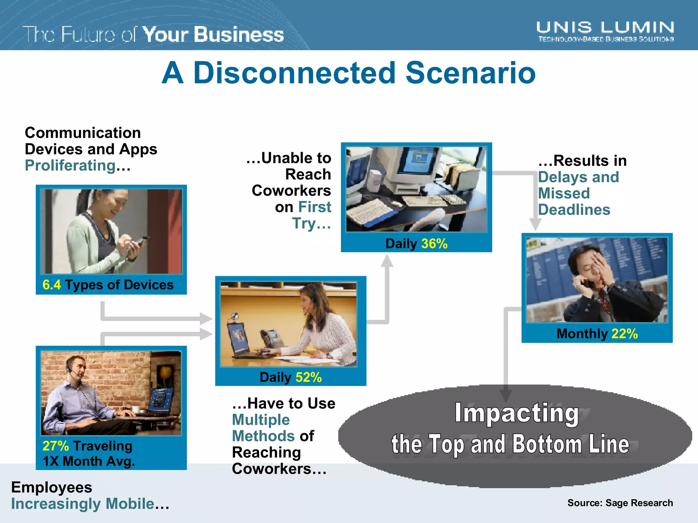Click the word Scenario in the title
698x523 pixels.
(470, 73)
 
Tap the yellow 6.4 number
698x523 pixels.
(51, 285)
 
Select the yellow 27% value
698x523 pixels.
(56, 446)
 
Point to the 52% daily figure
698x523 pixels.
(308, 377)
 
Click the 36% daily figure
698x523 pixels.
(434, 244)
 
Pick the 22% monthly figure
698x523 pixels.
(624, 334)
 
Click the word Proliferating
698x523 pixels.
(70, 166)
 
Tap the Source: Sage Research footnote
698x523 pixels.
(620, 503)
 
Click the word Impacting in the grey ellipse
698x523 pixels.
(517, 413)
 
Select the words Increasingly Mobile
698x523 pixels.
(83, 504)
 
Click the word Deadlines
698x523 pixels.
(574, 210)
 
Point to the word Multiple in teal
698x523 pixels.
(261, 420)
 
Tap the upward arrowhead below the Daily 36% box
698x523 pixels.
(387, 261)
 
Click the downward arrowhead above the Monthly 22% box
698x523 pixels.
(535, 225)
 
